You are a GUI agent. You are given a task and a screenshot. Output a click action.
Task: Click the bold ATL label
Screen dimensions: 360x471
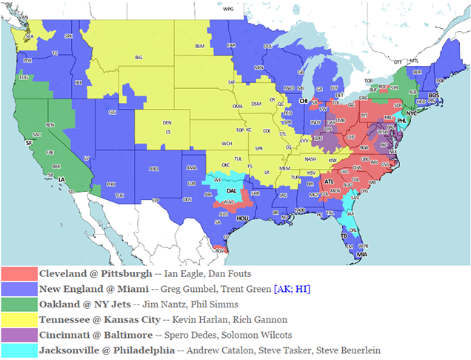coord(328,181)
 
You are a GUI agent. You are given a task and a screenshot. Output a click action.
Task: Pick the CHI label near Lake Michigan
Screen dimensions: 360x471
coord(303,101)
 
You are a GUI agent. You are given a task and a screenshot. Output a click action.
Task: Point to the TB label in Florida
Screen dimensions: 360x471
coord(344,236)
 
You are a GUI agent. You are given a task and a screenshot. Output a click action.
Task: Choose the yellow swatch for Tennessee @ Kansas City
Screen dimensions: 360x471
coord(19,319)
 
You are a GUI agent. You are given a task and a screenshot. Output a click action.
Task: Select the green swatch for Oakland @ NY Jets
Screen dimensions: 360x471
coord(19,303)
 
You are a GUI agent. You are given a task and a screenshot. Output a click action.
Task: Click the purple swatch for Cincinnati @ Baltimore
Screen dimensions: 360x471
coord(19,334)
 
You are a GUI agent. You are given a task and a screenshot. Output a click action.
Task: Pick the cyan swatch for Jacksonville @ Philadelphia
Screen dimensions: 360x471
coord(19,350)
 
